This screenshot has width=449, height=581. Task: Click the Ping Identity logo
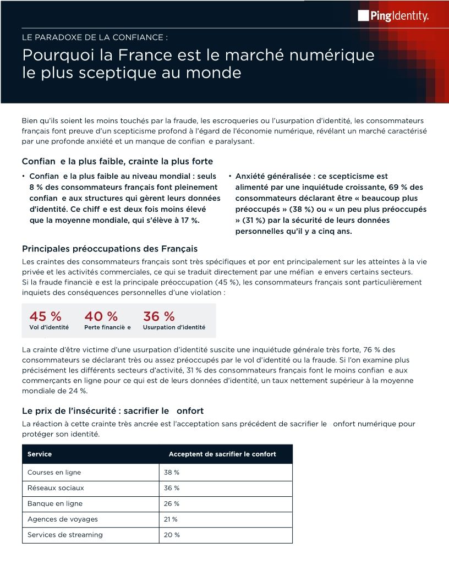393,16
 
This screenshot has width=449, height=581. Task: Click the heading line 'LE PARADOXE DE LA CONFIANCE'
95,38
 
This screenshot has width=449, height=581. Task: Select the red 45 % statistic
45,316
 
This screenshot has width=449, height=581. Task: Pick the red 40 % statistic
101,316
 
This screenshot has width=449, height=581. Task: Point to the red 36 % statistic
158,316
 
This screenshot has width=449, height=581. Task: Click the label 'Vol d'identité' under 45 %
49,327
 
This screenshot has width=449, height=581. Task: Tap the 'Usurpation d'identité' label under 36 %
174,327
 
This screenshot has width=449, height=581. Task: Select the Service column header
40,454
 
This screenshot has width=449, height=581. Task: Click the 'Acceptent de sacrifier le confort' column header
222,454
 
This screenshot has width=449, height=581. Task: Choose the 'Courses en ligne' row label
54,473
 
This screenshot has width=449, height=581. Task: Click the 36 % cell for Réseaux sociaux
172,488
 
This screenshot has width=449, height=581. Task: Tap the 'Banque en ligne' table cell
55,503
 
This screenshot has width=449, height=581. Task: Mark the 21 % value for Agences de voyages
171,519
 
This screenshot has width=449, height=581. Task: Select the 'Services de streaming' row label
65,535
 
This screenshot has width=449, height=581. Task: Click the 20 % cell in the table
172,535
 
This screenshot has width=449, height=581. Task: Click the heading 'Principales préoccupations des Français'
109,249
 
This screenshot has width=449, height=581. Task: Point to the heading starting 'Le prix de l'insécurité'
113,411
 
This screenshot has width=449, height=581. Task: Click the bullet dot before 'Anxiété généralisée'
229,176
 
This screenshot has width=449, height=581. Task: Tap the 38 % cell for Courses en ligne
172,473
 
